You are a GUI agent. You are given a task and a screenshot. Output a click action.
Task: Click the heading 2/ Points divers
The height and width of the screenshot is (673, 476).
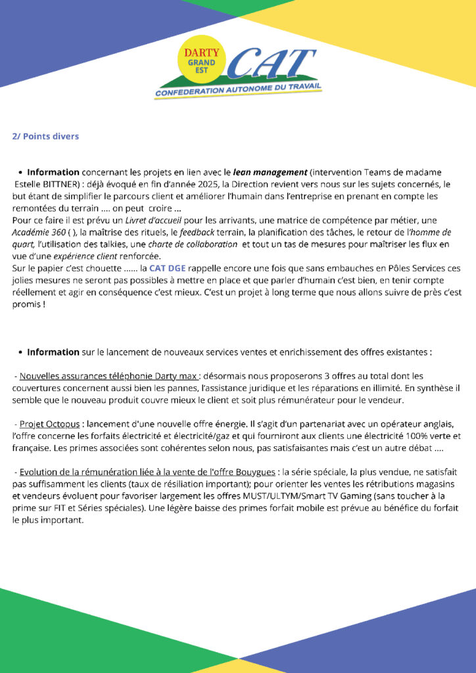coord(45,136)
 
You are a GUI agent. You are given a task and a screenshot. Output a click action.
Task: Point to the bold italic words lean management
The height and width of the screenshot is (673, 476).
coord(270,172)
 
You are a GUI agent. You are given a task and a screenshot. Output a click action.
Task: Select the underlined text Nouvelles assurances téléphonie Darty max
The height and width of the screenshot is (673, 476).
coord(108,376)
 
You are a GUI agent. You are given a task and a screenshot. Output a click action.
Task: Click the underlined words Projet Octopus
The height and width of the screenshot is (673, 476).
coord(49,424)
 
